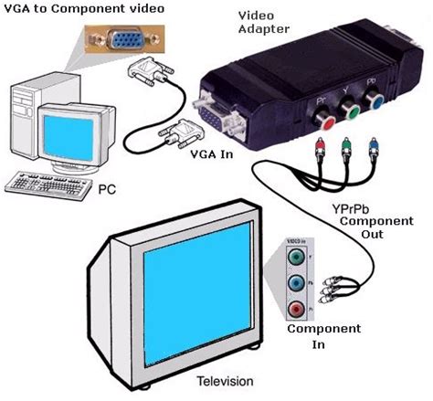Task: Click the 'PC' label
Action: [x=107, y=190]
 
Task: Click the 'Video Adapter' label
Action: [x=265, y=22]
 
